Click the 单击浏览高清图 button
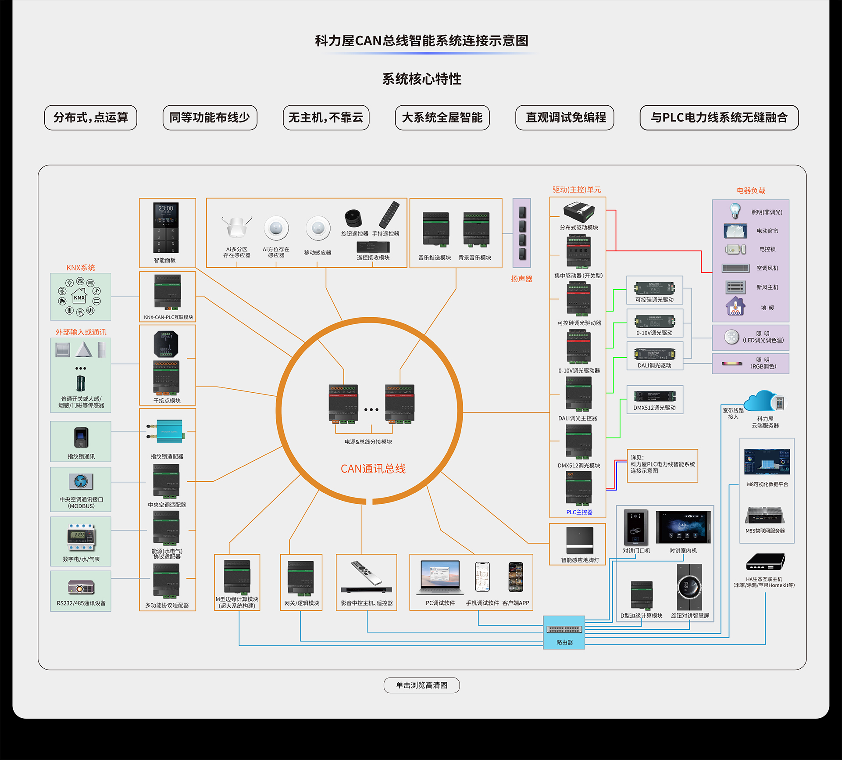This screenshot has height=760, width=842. tap(421, 685)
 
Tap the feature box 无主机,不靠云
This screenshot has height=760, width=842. tap(326, 118)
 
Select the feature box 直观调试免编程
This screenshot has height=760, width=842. tap(565, 118)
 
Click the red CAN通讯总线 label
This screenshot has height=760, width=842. tap(373, 469)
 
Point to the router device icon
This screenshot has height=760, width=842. tap(564, 629)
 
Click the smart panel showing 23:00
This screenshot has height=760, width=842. tap(166, 227)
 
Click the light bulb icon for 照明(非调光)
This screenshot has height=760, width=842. tap(735, 211)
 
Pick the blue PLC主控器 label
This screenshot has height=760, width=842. tap(579, 512)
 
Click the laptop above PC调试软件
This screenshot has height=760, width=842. tap(440, 576)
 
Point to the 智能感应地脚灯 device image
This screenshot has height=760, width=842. tap(579, 540)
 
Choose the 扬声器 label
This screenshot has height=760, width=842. tap(521, 279)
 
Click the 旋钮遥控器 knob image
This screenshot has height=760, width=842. tap(353, 218)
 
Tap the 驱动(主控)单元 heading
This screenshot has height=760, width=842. tap(577, 190)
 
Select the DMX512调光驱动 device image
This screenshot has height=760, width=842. tap(654, 396)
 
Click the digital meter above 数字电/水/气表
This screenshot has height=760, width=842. tap(81, 537)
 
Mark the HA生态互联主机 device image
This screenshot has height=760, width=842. tap(765, 562)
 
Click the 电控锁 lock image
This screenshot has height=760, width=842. tap(735, 249)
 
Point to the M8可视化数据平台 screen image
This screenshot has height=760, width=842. tap(767, 461)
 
